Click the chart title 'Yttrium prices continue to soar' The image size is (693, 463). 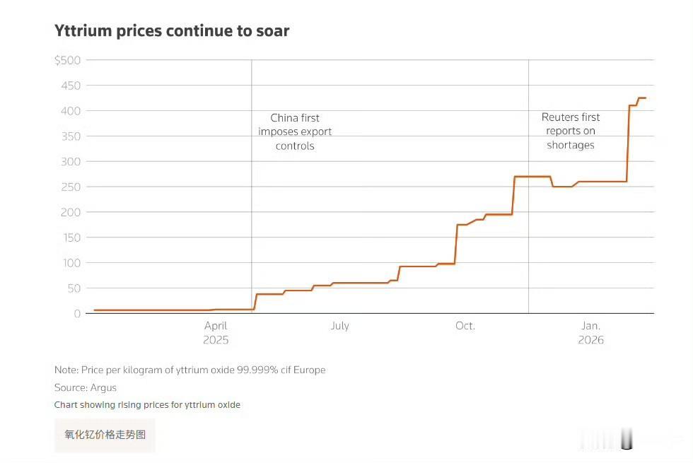tap(172, 30)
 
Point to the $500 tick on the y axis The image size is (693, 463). tap(68, 60)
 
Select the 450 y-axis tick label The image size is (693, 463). tap(71, 86)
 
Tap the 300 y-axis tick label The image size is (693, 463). tap(71, 162)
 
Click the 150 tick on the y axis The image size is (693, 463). tap(71, 238)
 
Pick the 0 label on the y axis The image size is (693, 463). tap(78, 314)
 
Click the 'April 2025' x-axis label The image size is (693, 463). tap(216, 332)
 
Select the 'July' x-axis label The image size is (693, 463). tap(339, 326)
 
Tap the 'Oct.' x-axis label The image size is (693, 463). tap(465, 326)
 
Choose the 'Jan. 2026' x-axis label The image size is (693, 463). tap(590, 332)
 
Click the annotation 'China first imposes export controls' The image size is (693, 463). tap(295, 132)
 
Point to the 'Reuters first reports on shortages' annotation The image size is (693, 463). tap(571, 131)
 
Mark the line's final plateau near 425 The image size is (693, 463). tap(642, 98)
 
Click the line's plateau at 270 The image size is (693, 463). tap(532, 177)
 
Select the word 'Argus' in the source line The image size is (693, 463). tap(103, 387)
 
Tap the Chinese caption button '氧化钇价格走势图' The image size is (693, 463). tap(105, 435)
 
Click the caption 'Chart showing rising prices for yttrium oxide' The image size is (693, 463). tap(147, 405)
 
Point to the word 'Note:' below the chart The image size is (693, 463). tap(66, 370)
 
